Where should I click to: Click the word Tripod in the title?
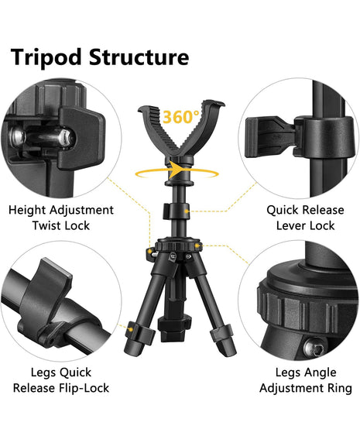pyautogui.click(x=46, y=57)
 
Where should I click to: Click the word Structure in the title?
pyautogui.click(x=139, y=57)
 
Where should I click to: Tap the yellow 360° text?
pyautogui.click(x=181, y=117)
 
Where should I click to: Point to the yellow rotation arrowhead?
pyautogui.click(x=177, y=169)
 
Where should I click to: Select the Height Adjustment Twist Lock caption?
pyautogui.click(x=61, y=218)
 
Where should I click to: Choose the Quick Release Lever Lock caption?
pyautogui.click(x=305, y=218)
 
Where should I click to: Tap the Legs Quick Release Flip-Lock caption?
pyautogui.click(x=61, y=380)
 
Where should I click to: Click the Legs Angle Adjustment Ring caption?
pyautogui.click(x=306, y=380)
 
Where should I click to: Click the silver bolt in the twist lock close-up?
pyautogui.click(x=43, y=138)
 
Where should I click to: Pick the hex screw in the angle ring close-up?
pyautogui.click(x=314, y=348)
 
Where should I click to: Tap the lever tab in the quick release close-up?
pyautogui.click(x=270, y=137)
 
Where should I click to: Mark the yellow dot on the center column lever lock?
pyautogui.click(x=187, y=211)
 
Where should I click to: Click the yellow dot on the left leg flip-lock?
pyautogui.click(x=130, y=329)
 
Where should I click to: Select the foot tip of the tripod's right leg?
pyautogui.click(x=228, y=349)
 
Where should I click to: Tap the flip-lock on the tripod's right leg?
pyautogui.click(x=221, y=332)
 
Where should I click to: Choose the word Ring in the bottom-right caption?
pyautogui.click(x=340, y=389)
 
